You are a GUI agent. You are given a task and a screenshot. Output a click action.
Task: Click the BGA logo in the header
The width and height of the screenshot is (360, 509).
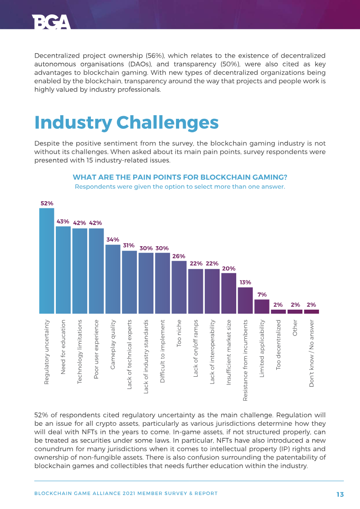51,22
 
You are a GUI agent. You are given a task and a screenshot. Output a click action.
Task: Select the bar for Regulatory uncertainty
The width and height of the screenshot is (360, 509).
46,261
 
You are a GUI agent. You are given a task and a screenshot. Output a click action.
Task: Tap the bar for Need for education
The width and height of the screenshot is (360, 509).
63,270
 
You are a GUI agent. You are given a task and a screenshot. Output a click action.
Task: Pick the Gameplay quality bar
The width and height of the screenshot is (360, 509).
112,279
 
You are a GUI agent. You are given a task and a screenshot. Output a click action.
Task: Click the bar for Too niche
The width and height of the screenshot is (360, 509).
179,287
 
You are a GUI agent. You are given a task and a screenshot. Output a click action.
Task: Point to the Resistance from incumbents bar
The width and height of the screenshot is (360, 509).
245,300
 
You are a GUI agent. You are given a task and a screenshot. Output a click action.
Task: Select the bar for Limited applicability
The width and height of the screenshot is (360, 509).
262,306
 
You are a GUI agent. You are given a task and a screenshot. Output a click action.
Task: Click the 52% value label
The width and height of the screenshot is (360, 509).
47,203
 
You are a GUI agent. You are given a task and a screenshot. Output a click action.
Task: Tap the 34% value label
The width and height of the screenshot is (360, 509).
112,240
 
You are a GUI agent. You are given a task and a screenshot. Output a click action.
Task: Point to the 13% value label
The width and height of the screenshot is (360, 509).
245,283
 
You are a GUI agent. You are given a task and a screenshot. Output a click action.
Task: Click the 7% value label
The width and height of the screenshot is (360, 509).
262,295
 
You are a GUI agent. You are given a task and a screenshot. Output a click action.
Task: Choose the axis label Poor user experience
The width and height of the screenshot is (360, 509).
96,343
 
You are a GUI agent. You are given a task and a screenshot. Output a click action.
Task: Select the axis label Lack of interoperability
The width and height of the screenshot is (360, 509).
212,346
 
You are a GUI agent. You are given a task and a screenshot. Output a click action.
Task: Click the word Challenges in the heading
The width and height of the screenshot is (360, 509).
167,122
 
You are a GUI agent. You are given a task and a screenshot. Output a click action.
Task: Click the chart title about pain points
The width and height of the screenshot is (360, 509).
180,177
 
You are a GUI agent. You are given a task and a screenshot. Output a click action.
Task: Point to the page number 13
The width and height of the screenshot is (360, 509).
340,494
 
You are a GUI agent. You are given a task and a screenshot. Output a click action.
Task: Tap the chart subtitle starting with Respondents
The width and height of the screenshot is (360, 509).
180,186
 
